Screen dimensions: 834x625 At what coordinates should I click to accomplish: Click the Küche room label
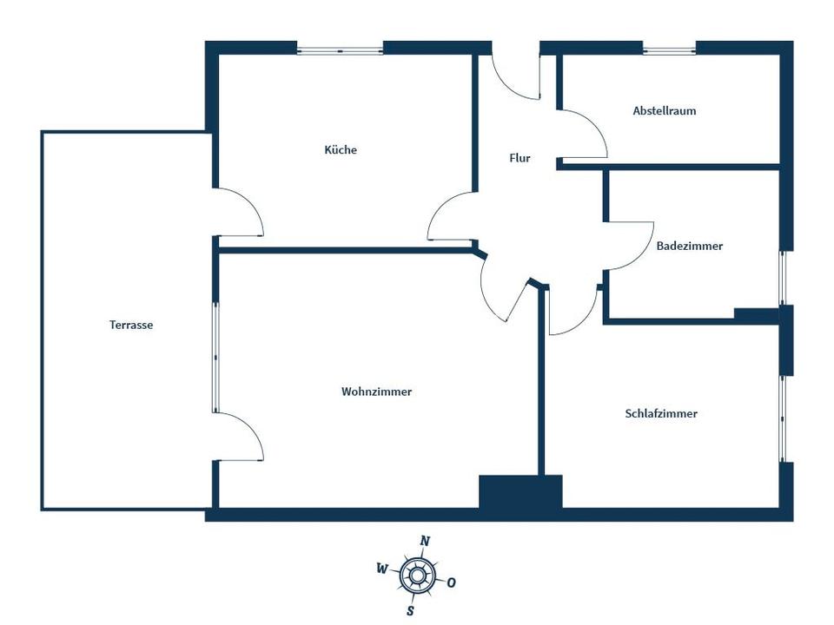pos(341,150)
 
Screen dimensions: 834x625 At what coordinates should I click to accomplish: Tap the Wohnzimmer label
pos(376,391)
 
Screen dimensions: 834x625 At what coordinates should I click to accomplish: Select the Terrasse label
pos(131,325)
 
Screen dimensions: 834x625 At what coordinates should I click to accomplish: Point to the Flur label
pos(520,158)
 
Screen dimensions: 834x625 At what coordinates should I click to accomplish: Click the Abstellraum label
pos(665,110)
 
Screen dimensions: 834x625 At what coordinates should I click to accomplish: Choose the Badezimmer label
pos(689,246)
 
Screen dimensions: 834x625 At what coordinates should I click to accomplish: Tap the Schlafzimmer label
pos(661,413)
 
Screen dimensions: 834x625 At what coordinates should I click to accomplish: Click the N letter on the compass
pos(425,541)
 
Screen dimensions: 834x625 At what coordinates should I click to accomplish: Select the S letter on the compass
pos(410,611)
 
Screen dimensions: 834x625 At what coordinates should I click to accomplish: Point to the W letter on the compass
pos(382,569)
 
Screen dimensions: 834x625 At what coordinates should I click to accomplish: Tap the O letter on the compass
pos(451,582)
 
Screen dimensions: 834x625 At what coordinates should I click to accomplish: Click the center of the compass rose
pos(418,575)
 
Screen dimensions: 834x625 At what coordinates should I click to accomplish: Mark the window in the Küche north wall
pos(340,51)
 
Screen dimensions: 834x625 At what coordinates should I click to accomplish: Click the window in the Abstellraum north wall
pos(669,51)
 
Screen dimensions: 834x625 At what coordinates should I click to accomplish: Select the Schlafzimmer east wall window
pos(783,418)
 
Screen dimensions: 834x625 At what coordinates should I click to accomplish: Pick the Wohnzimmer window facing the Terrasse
pos(215,357)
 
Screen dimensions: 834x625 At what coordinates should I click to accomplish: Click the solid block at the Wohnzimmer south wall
pos(520,491)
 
